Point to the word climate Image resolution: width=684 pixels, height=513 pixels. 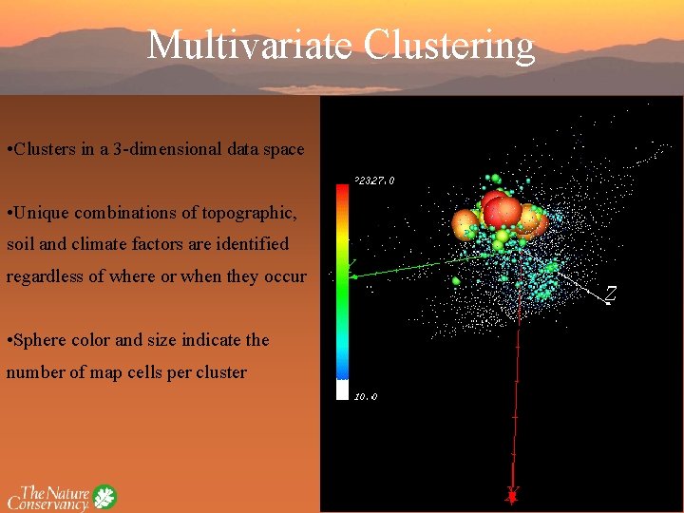tap(123, 244)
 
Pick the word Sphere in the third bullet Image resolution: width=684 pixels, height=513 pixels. tap(44, 340)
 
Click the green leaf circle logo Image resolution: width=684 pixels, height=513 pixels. tap(104, 496)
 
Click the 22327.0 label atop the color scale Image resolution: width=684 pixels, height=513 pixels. tap(374, 180)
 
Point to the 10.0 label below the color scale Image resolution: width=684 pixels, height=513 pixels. tap(366, 396)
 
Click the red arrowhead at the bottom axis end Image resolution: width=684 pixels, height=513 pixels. tap(513, 495)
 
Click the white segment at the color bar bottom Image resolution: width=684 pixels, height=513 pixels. tap(342, 389)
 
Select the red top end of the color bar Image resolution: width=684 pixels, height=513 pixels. tap(342, 190)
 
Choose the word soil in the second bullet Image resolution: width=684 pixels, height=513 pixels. tap(20, 244)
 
